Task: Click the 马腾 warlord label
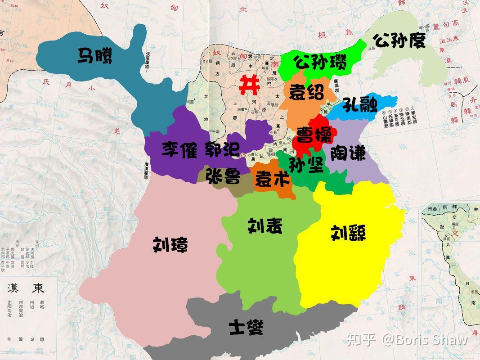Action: pos(95,56)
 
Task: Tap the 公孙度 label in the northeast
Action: pos(399,41)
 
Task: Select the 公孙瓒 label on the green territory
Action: pos(320,62)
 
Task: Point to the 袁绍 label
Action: pos(306,93)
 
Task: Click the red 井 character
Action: pos(249,85)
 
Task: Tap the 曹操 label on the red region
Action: pos(314,135)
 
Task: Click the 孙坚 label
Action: pos(306,165)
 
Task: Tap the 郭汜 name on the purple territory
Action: pos(223,149)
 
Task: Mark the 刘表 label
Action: pos(265,225)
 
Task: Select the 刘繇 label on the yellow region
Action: pos(348,233)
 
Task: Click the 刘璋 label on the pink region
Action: pos(170,245)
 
